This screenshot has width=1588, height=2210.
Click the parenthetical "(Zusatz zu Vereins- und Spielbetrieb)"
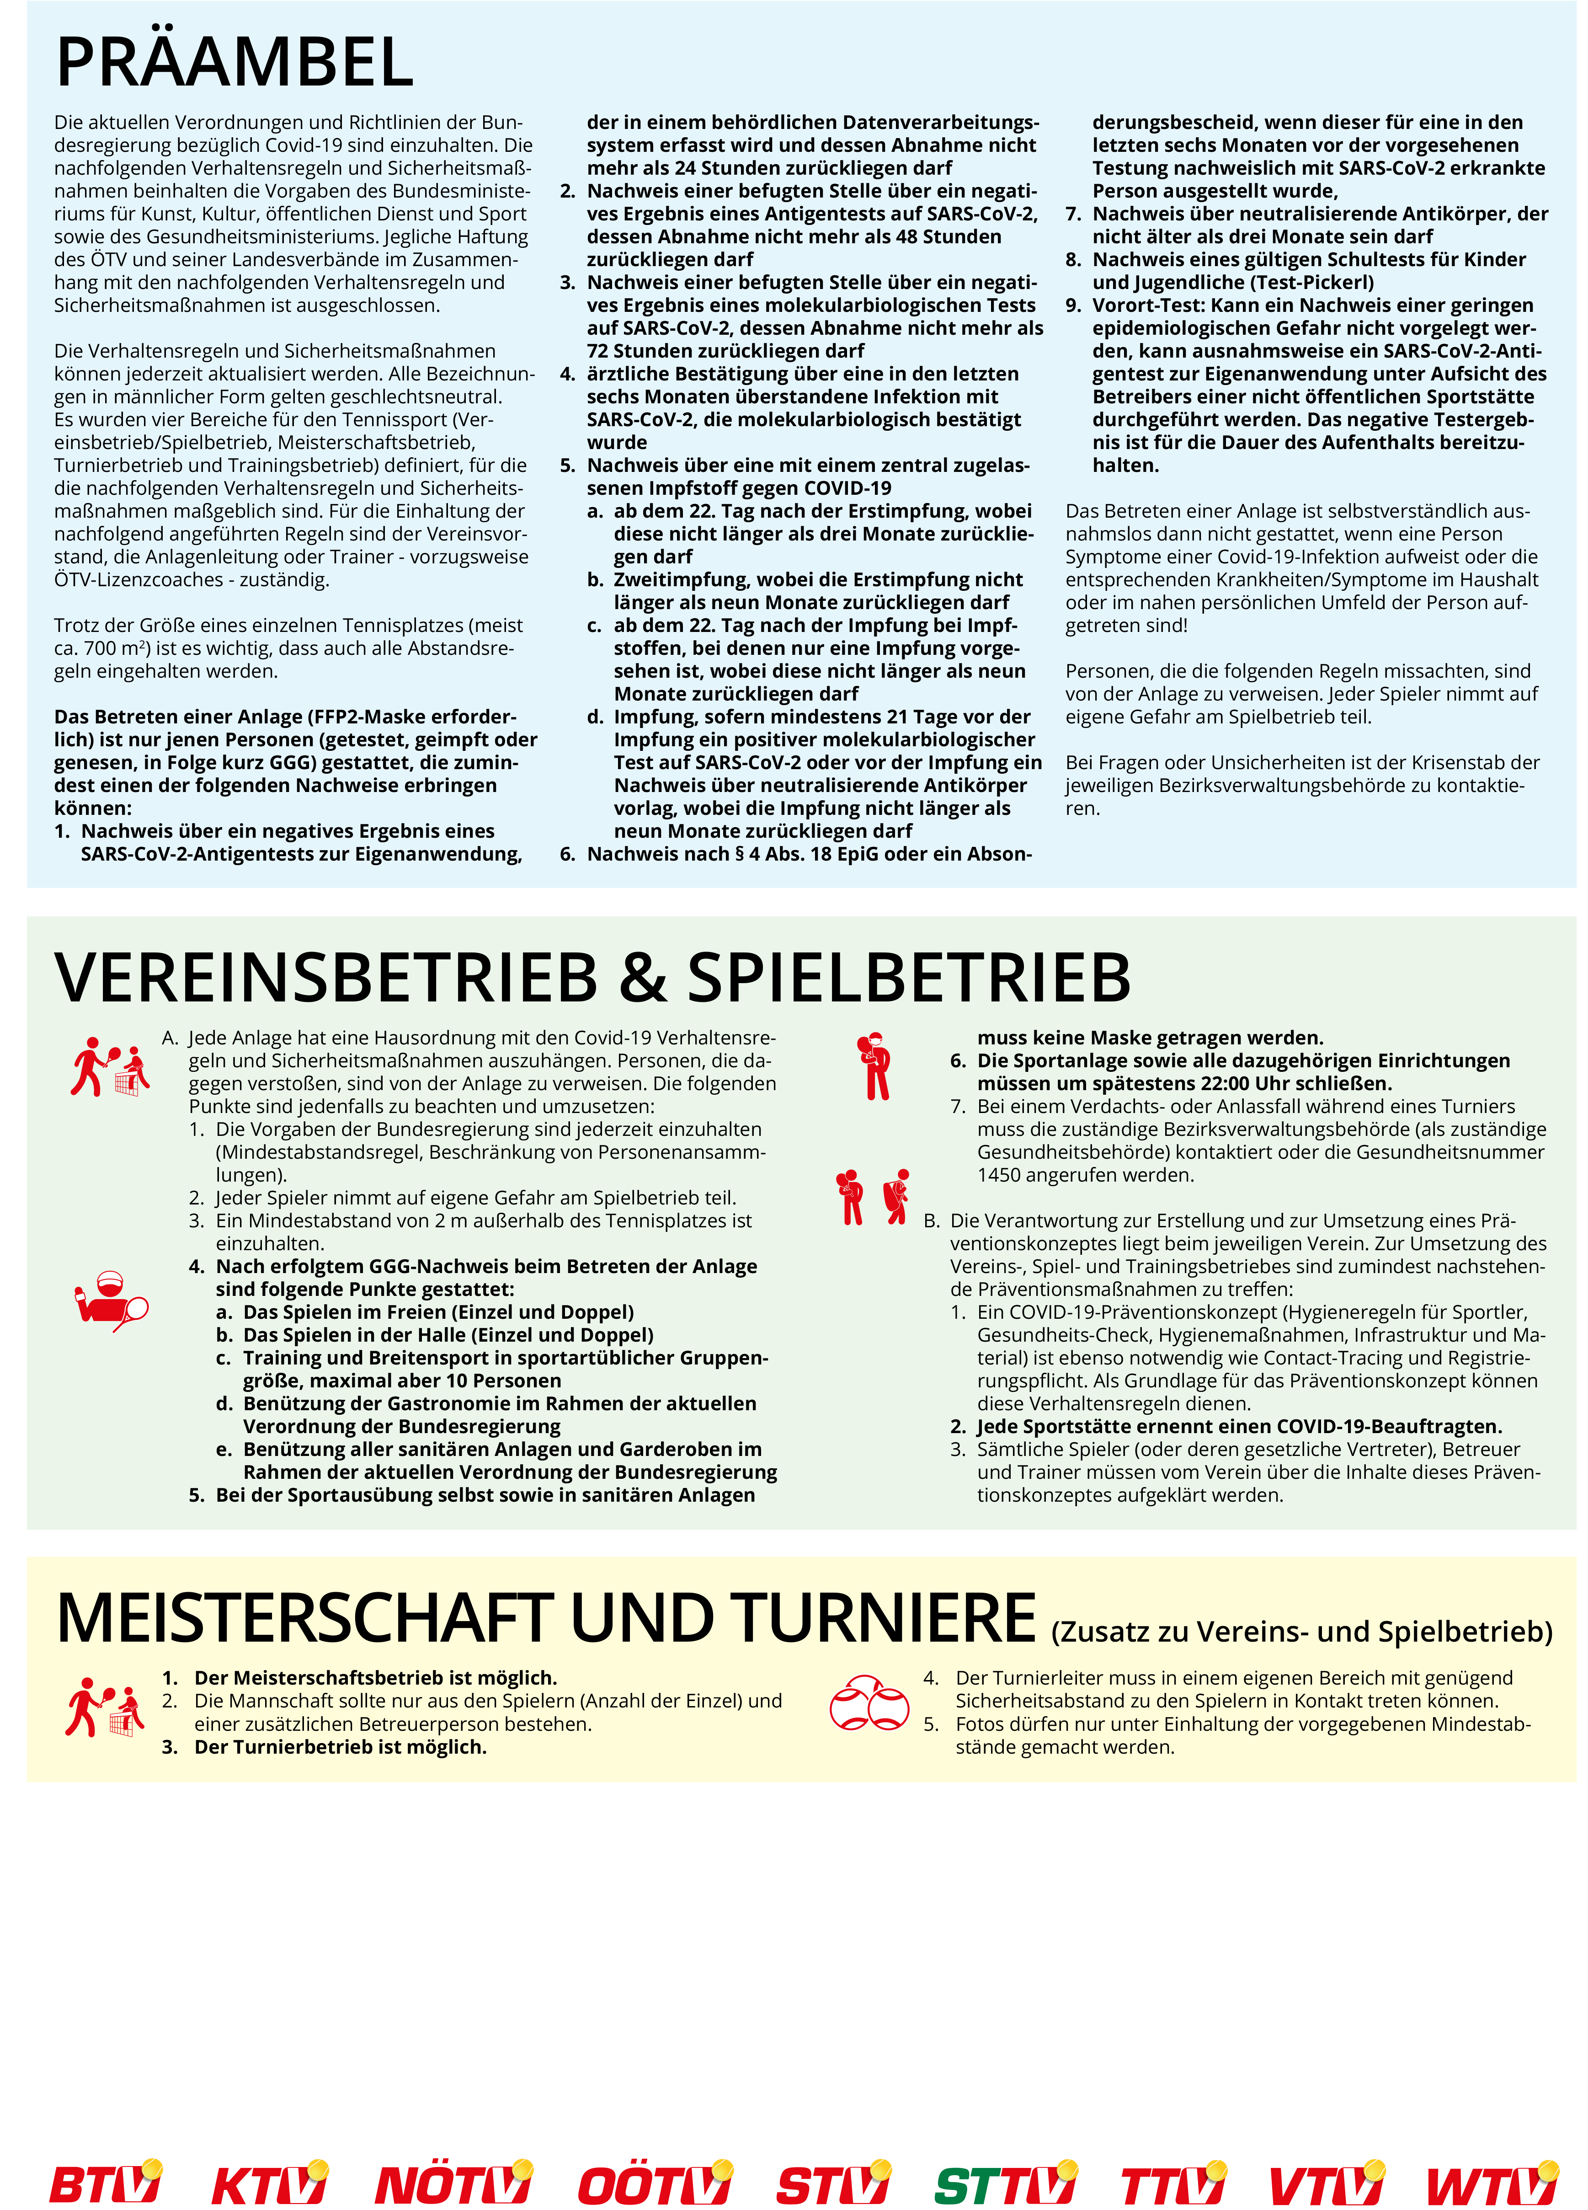pyautogui.click(x=1301, y=1631)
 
